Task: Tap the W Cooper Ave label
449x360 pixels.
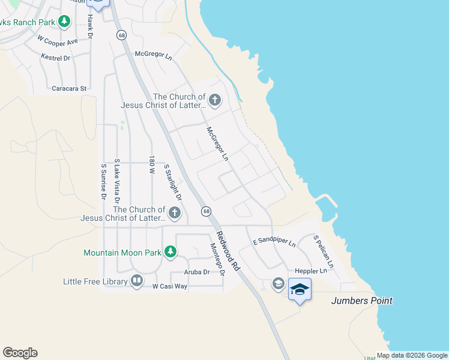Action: pyautogui.click(x=58, y=41)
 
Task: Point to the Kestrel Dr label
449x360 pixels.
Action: pyautogui.click(x=56, y=58)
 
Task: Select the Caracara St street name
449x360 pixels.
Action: pyautogui.click(x=69, y=88)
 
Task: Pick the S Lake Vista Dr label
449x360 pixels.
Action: pyautogui.click(x=118, y=181)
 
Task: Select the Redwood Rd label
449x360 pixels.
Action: pyautogui.click(x=228, y=251)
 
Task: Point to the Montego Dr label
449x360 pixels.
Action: pyautogui.click(x=216, y=259)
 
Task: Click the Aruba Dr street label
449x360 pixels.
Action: pyautogui.click(x=197, y=272)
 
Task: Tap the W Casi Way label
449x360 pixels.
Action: pyautogui.click(x=170, y=287)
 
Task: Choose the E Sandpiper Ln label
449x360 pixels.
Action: pyautogui.click(x=274, y=242)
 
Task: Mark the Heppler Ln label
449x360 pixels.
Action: pyautogui.click(x=311, y=271)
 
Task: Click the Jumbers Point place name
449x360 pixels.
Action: pyautogui.click(x=362, y=301)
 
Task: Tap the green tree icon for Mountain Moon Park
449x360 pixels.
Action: pyautogui.click(x=170, y=252)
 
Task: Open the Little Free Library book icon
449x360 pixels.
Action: pyautogui.click(x=137, y=281)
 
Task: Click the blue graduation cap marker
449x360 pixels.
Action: pyautogui.click(x=300, y=290)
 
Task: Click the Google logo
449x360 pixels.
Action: pyautogui.click(x=20, y=353)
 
